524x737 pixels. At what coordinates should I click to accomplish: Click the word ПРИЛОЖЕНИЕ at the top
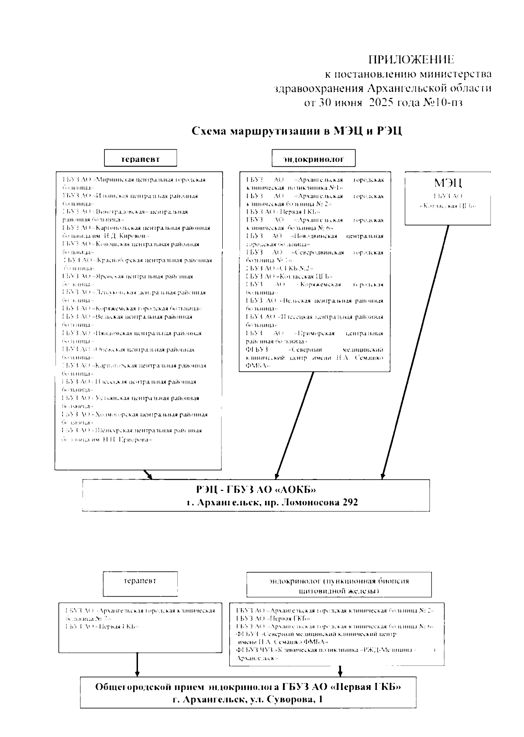coord(411,59)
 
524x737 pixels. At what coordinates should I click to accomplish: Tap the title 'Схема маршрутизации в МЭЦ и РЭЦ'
coord(297,131)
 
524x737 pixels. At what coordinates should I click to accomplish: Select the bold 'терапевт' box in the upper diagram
coord(140,158)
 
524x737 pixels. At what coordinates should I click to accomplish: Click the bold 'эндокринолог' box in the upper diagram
coord(314,158)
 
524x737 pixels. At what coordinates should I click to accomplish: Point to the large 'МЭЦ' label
coord(448,183)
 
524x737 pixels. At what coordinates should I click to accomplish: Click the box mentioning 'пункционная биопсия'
coord(339,586)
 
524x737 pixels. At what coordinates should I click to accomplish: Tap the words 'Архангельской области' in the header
coord(429,89)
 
